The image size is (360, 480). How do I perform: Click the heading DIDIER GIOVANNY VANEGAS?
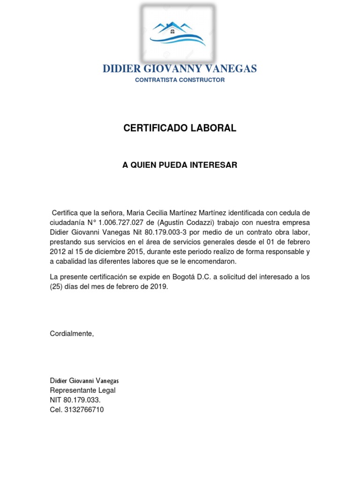[180, 69]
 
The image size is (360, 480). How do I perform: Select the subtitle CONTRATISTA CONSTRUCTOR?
[180, 80]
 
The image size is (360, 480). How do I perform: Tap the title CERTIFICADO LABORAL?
[180, 128]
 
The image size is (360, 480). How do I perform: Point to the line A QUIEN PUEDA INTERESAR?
[180, 165]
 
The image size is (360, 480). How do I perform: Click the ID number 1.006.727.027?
[119, 222]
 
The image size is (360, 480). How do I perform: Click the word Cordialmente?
[72, 333]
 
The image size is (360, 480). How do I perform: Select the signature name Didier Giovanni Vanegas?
[88, 380]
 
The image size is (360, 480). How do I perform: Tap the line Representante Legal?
[82, 390]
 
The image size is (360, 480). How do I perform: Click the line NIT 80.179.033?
[75, 400]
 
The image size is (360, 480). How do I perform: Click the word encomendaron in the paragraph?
[213, 261]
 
